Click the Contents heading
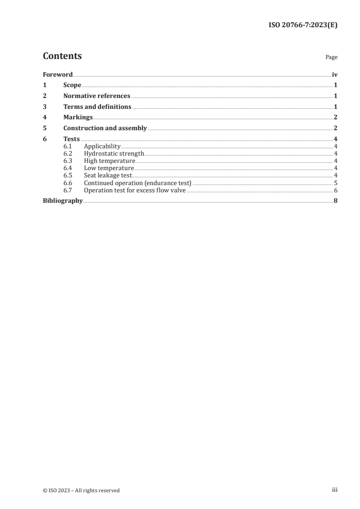[x=62, y=56]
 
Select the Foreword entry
[x=58, y=74]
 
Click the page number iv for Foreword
[x=335, y=74]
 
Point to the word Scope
[x=72, y=85]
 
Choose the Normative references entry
[x=97, y=96]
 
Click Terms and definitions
[x=97, y=107]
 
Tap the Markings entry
[x=78, y=117]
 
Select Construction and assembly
[x=105, y=128]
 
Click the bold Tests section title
[x=72, y=139]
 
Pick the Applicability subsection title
[x=102, y=146]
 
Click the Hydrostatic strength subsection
[x=114, y=153]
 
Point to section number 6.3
[x=68, y=161]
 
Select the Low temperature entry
[x=109, y=168]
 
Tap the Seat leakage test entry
[x=108, y=175]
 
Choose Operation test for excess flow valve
[x=135, y=190]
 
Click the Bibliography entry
[x=63, y=201]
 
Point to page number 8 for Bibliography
[x=335, y=201]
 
